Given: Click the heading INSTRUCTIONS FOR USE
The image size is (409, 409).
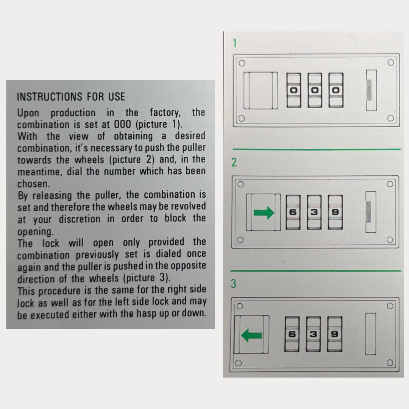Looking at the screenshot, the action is coord(71,97).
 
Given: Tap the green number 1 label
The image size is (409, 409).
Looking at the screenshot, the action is coord(235,43).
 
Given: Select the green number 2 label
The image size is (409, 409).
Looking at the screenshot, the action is coord(234,162).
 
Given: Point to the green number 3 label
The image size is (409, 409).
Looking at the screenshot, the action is coord(234,284).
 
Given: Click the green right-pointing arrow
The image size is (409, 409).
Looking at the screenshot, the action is coord(264,212).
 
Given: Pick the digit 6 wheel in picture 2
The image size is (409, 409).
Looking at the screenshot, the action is coord(293,212).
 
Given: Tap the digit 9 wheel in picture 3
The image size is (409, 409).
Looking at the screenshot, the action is coord(335,334).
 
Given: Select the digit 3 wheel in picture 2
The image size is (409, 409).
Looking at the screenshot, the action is coord(314,212).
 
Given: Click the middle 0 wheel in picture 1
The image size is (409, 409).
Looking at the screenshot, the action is coord(315,90).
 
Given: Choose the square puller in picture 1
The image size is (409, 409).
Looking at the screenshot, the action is coord(261,91).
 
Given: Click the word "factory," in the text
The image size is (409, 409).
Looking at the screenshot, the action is coord(165,113).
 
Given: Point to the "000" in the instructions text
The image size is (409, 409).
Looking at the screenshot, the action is coord(122,124).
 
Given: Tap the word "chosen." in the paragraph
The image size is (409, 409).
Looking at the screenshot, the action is coord(34,184).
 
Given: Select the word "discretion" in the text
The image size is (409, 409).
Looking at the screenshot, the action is coord(80,219).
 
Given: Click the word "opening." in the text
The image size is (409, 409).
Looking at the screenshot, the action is coord(36,232).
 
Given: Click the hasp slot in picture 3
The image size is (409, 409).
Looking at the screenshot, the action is coord(371,334).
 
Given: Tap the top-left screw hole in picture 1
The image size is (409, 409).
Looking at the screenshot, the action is coord(242,63).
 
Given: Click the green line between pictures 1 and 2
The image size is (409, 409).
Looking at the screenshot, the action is coord(317,150).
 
